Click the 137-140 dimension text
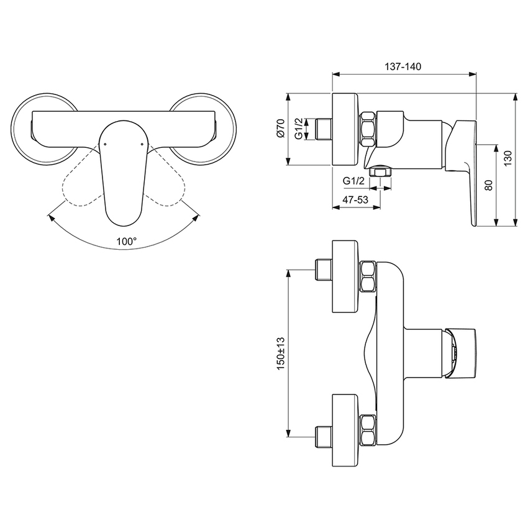[x=404, y=67]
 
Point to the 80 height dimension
[x=488, y=185]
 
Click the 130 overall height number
[x=509, y=158]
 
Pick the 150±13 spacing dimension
[x=280, y=354]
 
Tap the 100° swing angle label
[x=126, y=243]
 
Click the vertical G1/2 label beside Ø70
[x=298, y=130]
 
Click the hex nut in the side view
[x=368, y=130]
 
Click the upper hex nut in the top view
[x=369, y=276]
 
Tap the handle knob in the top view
[x=463, y=352]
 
